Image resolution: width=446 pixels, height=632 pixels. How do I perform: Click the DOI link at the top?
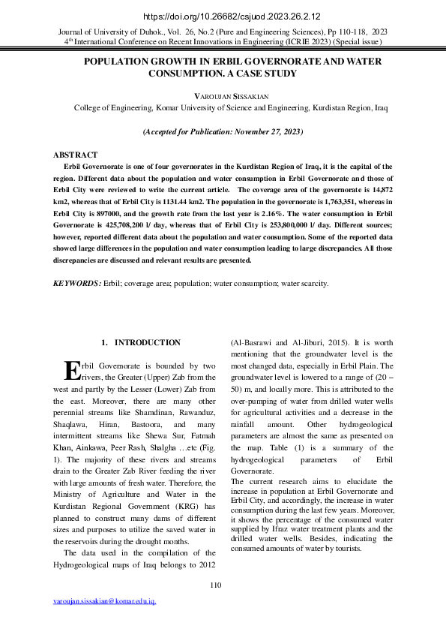[223, 14]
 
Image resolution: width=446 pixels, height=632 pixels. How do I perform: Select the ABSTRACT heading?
[75, 155]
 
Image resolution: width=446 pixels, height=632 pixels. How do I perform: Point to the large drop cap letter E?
[72, 371]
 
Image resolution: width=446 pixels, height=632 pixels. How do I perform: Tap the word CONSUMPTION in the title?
[192, 74]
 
